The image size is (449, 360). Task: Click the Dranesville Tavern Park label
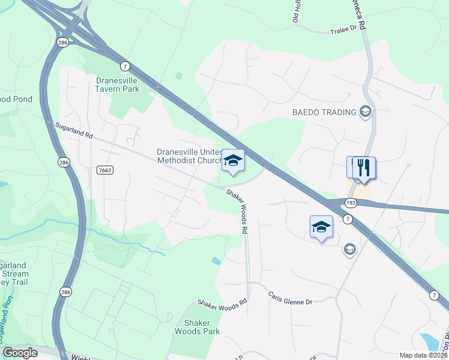tap(117, 85)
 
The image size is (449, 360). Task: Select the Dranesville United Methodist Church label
tap(188, 156)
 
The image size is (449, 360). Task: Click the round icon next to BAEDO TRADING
tap(365, 111)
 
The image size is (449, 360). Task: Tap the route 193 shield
tap(351, 203)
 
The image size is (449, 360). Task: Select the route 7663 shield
tap(104, 170)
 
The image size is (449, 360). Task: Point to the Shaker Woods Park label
tap(197, 326)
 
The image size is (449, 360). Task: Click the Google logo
tap(20, 353)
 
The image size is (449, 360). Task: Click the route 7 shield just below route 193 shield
tap(348, 220)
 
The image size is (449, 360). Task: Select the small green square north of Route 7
tap(178, 76)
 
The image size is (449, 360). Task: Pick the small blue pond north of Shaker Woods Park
tap(215, 261)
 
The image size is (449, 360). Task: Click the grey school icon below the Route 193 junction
tap(350, 249)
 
